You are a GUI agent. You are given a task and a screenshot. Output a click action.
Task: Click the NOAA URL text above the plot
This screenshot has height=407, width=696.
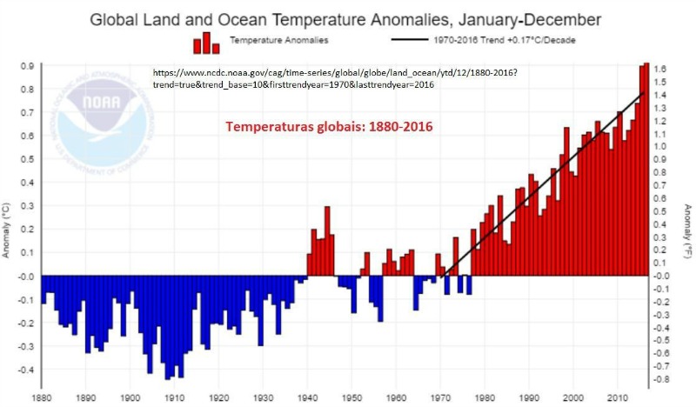[334, 78]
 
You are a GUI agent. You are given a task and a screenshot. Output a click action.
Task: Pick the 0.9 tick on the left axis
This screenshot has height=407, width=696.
[27, 65]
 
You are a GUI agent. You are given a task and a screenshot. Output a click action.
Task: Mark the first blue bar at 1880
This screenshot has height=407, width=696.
[43, 290]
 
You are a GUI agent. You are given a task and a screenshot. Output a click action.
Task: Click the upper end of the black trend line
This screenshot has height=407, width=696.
[643, 92]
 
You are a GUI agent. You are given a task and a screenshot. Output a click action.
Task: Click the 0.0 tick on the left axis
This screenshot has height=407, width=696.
[27, 277]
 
